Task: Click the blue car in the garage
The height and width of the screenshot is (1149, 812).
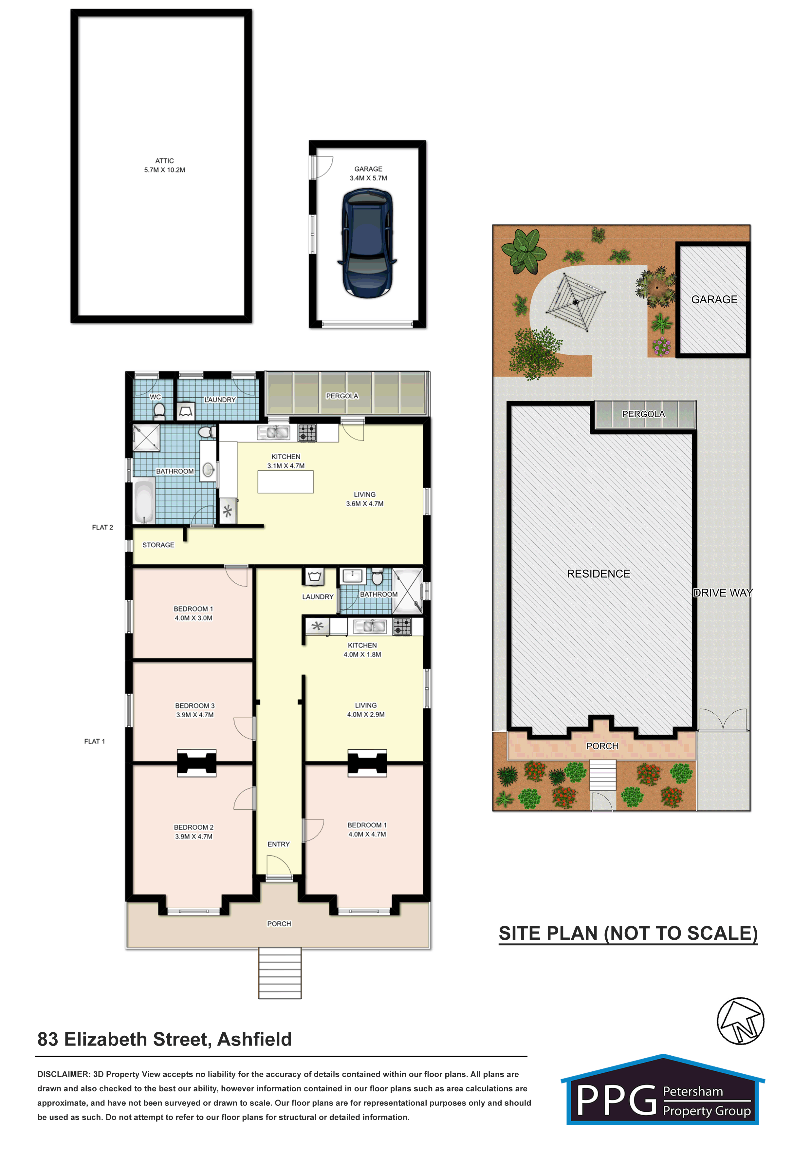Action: (x=368, y=243)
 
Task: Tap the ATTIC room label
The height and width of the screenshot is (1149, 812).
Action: (x=165, y=160)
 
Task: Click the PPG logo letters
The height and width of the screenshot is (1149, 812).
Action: (x=617, y=1101)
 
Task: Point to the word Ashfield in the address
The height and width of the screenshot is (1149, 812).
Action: (x=255, y=1039)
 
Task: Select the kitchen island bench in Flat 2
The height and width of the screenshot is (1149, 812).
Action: (x=286, y=482)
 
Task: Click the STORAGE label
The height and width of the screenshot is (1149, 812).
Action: (x=158, y=545)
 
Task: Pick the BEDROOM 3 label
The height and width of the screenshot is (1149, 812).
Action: (x=194, y=706)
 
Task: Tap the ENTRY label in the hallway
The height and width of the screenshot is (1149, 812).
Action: (x=279, y=844)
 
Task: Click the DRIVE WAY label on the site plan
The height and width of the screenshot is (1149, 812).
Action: (x=723, y=593)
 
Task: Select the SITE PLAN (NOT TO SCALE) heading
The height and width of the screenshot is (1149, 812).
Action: (x=628, y=934)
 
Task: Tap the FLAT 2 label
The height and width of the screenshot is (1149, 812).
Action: (x=102, y=527)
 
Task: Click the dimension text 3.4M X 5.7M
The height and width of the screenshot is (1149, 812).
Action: (x=368, y=178)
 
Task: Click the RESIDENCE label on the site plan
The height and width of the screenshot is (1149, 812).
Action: (x=599, y=574)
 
